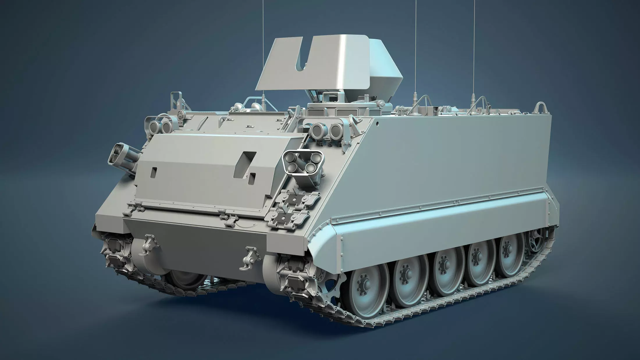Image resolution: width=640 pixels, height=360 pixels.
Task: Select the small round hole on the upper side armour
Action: point(377,123)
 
